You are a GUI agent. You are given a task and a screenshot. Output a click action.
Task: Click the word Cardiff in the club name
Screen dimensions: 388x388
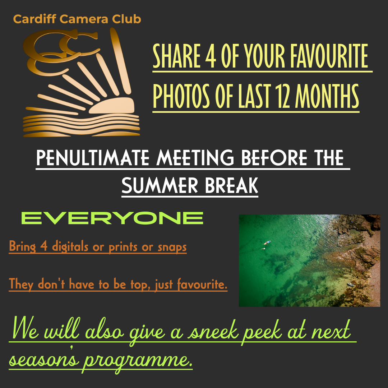coord(34,19)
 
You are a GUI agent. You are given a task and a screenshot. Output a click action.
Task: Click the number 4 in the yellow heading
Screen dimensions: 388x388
coord(210,56)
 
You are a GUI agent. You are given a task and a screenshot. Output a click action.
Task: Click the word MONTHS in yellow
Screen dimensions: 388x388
coord(327,96)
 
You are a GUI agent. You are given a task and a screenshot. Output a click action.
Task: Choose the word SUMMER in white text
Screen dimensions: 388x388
coord(160,185)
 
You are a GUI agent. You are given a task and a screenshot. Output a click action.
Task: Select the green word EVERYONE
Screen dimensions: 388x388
coord(112,218)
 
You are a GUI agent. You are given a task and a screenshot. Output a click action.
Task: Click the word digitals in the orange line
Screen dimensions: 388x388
coord(70,246)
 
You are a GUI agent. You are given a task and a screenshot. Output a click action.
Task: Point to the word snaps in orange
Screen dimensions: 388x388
coord(172,247)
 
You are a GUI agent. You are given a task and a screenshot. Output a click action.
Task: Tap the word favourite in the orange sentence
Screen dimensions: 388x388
coord(202,284)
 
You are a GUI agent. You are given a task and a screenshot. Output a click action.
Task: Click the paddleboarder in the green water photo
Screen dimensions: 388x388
coord(267,242)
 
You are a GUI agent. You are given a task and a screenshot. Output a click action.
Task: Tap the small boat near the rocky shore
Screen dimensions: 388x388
coord(351,285)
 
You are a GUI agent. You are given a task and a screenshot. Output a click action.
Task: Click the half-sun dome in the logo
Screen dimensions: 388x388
coord(112,106)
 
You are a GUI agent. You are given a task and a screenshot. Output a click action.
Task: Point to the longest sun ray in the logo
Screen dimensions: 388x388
coord(120,61)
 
